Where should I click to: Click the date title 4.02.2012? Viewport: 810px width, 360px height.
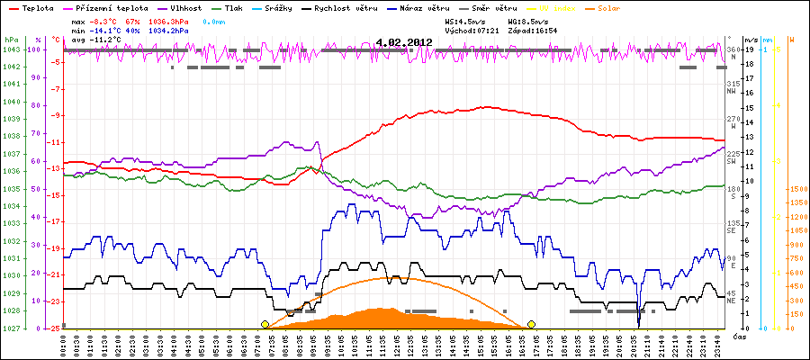(x=404, y=41)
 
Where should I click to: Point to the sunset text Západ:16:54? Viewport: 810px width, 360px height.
(x=533, y=30)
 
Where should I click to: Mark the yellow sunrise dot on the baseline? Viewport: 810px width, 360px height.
(x=265, y=324)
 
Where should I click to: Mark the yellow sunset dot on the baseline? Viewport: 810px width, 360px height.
(x=532, y=324)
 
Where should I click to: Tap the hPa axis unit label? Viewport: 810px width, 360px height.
(x=11, y=40)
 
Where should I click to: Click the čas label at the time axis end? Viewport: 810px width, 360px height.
(x=738, y=336)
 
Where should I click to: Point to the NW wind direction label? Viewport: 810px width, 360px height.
(x=733, y=90)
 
